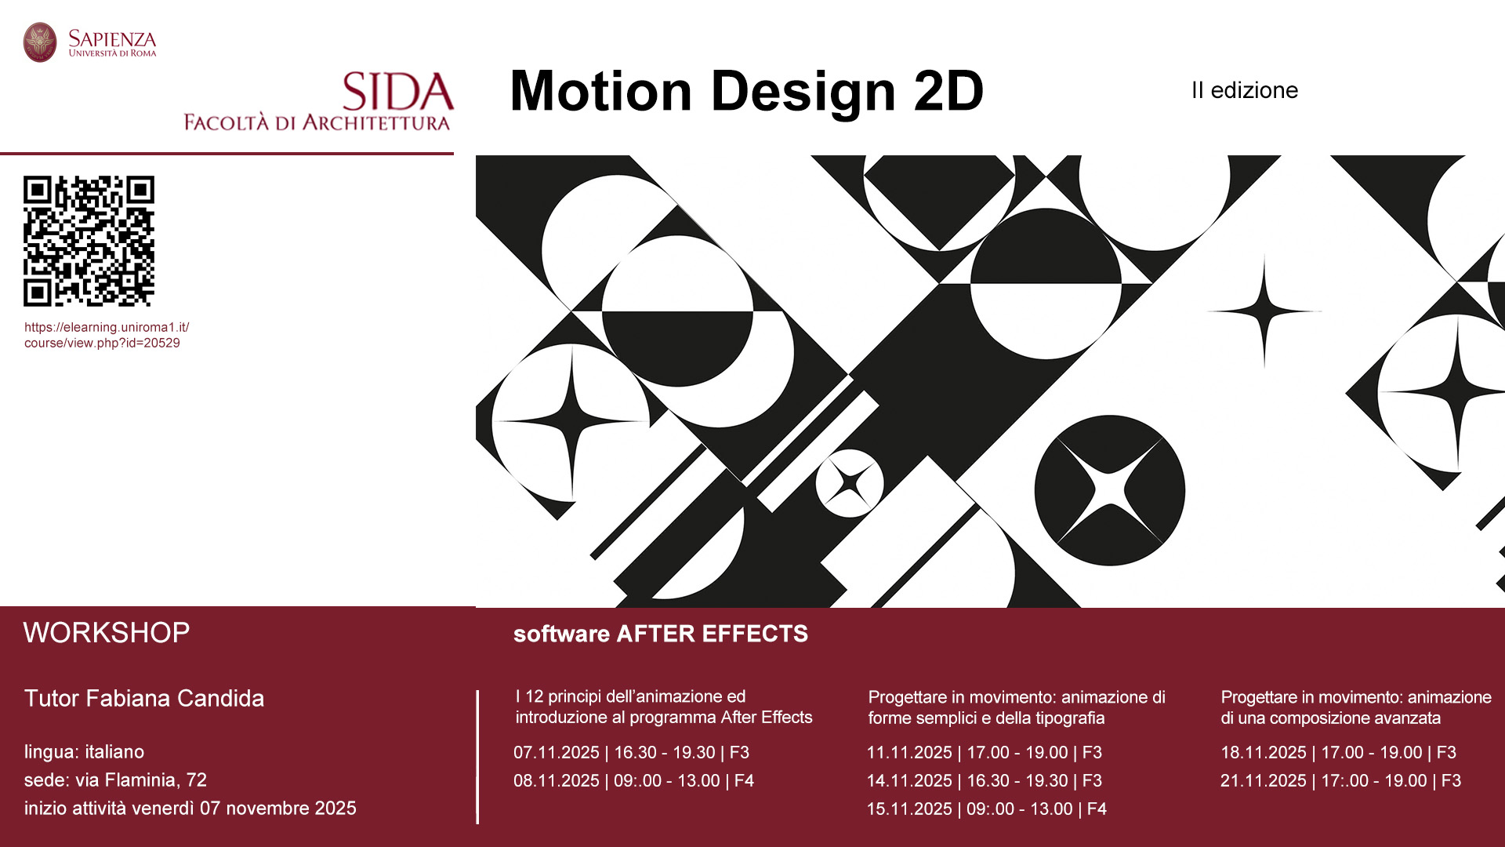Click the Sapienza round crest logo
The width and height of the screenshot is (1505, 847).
pos(40,42)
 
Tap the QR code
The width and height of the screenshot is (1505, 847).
pos(89,241)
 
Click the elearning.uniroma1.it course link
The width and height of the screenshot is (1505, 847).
pos(107,335)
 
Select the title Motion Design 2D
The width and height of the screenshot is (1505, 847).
pos(746,91)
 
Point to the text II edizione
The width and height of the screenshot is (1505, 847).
pos(1245,90)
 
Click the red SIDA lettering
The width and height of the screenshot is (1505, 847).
pos(398,92)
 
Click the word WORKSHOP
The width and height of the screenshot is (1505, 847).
pos(107,633)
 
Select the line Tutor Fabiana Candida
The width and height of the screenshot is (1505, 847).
pos(144,698)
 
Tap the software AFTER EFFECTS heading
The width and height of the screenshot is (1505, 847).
pos(661,634)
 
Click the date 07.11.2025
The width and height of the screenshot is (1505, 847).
pos(557,753)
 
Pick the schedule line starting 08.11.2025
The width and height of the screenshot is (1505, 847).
pos(633,781)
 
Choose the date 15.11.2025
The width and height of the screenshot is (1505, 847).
pos(909,809)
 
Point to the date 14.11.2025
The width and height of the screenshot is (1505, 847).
pos(909,781)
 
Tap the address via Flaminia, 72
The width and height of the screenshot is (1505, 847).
pos(141,780)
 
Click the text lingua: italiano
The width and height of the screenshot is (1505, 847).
pos(84,752)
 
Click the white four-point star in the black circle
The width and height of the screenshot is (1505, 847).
pos(1110,490)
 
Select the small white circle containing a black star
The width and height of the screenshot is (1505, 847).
pos(850,483)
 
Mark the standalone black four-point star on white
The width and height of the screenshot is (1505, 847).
pos(1264,311)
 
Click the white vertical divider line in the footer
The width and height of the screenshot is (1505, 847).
pos(477,757)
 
